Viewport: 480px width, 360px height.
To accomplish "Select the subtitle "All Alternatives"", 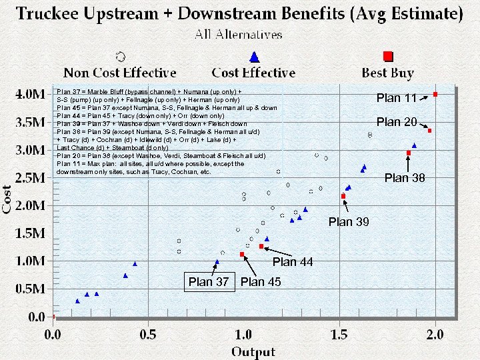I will pyautogui.click(x=239, y=34).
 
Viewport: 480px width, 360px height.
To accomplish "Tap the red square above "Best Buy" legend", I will pyautogui.click(x=388, y=56).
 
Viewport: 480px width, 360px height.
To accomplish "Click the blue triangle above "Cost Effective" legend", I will pyautogui.click(x=253, y=57).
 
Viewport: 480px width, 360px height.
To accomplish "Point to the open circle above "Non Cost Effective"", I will pyautogui.click(x=120, y=56).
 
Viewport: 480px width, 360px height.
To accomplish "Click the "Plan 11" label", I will pyautogui.click(x=397, y=98).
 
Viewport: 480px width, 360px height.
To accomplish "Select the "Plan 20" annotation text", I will pyautogui.click(x=397, y=122).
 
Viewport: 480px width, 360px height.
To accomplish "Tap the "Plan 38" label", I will pyautogui.click(x=405, y=178).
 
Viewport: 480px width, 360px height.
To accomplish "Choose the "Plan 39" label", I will pyautogui.click(x=349, y=222).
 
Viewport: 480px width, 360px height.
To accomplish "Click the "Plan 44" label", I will pyautogui.click(x=293, y=262).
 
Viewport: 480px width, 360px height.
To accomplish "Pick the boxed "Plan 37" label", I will pyautogui.click(x=209, y=282).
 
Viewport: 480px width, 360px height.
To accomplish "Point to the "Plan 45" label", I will pyautogui.click(x=261, y=282).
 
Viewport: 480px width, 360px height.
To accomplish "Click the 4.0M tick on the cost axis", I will pyautogui.click(x=31, y=94).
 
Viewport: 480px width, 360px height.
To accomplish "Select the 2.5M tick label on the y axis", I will pyautogui.click(x=31, y=177).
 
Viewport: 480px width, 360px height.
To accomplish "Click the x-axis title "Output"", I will pyautogui.click(x=254, y=351).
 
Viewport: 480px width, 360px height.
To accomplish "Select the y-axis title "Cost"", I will pyautogui.click(x=8, y=199).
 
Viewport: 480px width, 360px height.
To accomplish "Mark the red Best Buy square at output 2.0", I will pyautogui.click(x=435, y=95).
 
